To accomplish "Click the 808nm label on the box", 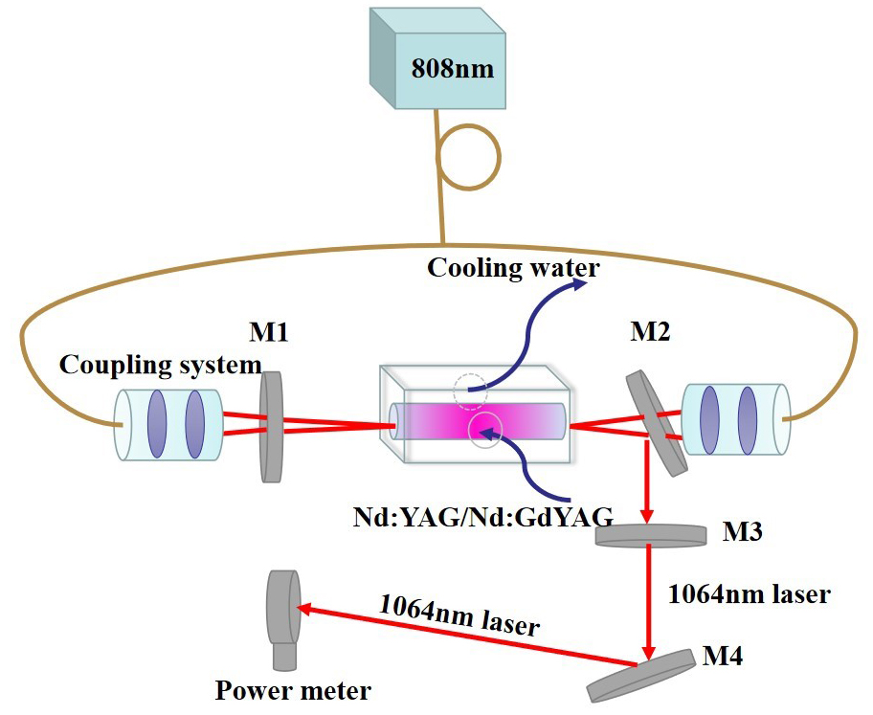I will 452,69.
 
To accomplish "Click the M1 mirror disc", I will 272,427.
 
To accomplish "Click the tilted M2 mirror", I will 657,423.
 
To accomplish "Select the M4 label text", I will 723,657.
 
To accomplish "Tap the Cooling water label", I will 513,267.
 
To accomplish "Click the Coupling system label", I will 159,365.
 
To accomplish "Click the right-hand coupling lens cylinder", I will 735,418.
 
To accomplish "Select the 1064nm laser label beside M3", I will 748,593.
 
